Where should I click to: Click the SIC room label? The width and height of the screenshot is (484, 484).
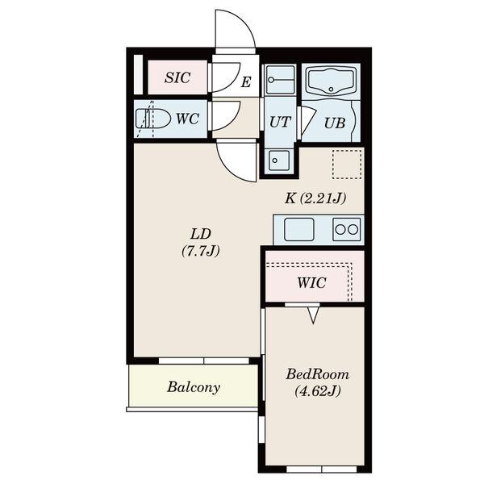point(177,77)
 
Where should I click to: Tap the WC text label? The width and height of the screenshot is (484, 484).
point(187,119)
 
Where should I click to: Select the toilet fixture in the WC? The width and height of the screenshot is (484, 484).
point(153,119)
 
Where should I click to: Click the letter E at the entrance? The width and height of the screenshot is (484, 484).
point(246,82)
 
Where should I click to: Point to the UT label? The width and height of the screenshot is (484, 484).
point(280,123)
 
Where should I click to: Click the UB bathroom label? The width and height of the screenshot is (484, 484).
point(334,123)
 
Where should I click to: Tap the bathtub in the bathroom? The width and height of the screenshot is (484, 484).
point(331,81)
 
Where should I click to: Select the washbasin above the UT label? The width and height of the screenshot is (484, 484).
point(280,80)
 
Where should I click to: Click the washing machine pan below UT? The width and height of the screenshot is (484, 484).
point(279,160)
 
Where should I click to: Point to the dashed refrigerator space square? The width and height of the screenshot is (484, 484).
point(347,165)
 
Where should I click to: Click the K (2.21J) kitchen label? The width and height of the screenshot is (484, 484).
point(315,198)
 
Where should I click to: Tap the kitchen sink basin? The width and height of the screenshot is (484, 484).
point(298,229)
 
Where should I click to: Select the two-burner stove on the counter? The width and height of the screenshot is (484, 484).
point(347,229)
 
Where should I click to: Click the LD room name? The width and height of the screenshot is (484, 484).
point(201,234)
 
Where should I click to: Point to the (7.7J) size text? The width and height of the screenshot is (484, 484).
point(201,251)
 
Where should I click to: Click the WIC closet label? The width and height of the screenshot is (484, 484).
point(311,283)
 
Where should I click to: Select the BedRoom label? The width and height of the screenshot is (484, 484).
point(317,374)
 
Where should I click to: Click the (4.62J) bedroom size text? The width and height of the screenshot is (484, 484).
point(317,391)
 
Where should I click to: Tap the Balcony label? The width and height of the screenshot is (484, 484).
point(194,387)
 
